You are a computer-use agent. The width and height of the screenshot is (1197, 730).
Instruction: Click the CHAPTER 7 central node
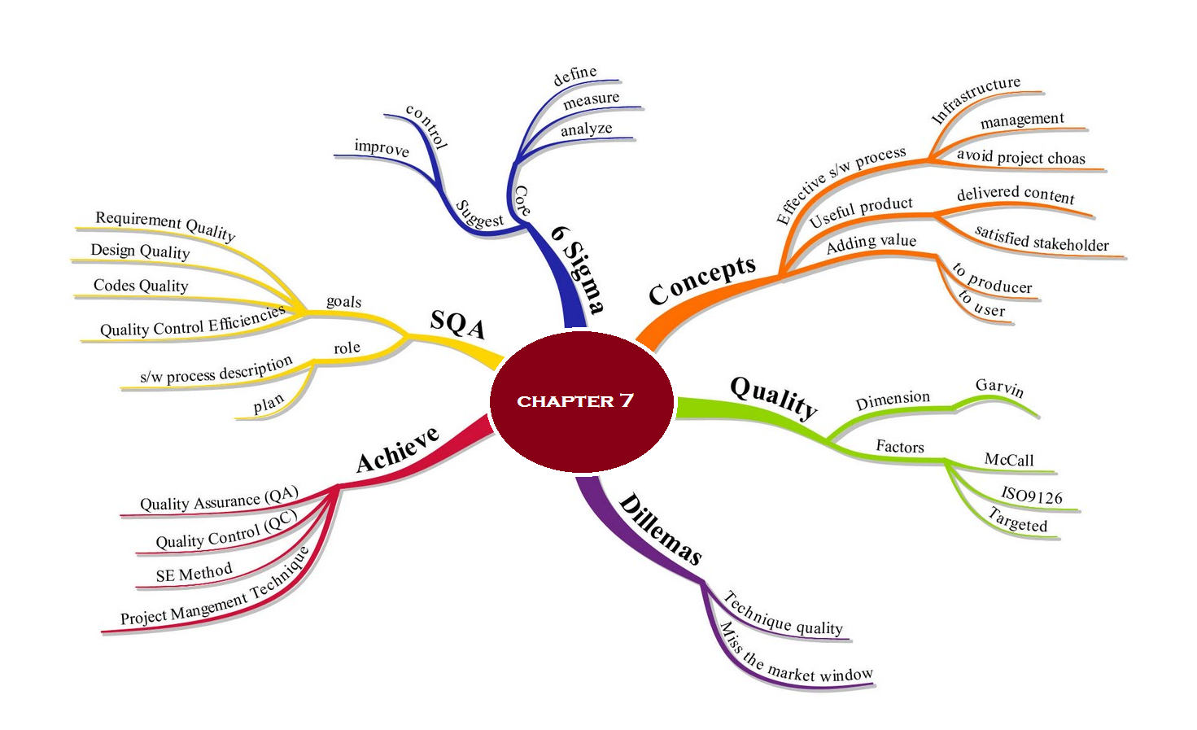coord(581,400)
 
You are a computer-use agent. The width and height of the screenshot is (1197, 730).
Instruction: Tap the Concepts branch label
coord(702,280)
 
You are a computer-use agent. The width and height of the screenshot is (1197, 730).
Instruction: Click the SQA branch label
coord(457,323)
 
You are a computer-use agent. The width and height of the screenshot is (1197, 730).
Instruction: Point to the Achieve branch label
coord(398,448)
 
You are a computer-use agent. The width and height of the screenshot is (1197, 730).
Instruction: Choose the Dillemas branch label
coord(660,530)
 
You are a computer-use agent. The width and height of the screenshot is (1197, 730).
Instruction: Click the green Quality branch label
coord(773,396)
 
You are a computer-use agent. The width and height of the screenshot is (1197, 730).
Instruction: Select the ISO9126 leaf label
coord(1031,495)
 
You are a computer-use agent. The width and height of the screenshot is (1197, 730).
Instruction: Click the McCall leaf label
coord(1009,460)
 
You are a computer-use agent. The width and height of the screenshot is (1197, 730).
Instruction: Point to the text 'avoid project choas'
coord(1020,156)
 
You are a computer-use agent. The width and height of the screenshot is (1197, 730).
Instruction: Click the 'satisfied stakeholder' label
coord(1042,239)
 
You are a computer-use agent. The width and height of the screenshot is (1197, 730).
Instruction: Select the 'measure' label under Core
coord(591,99)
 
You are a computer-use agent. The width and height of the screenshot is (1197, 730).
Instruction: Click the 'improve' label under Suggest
coord(382,147)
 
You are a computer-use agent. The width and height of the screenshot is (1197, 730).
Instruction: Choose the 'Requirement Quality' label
coord(165,225)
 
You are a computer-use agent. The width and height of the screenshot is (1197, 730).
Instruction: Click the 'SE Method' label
coord(194,573)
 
